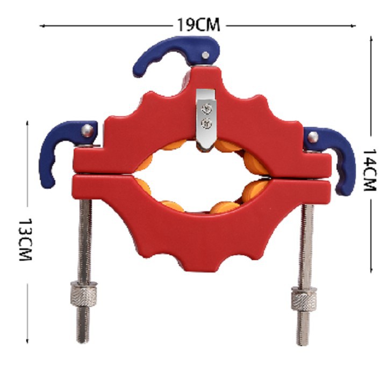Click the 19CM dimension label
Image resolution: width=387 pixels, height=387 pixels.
(198, 25)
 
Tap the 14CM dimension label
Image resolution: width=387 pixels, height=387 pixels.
(370, 170)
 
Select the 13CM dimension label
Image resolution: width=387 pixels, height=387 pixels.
(25, 239)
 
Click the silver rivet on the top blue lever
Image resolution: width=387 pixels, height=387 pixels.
(205, 55)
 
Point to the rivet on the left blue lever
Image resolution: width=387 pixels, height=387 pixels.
(88, 130)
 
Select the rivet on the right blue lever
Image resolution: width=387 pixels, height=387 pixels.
(313, 137)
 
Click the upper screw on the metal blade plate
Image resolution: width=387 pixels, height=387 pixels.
(206, 109)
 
